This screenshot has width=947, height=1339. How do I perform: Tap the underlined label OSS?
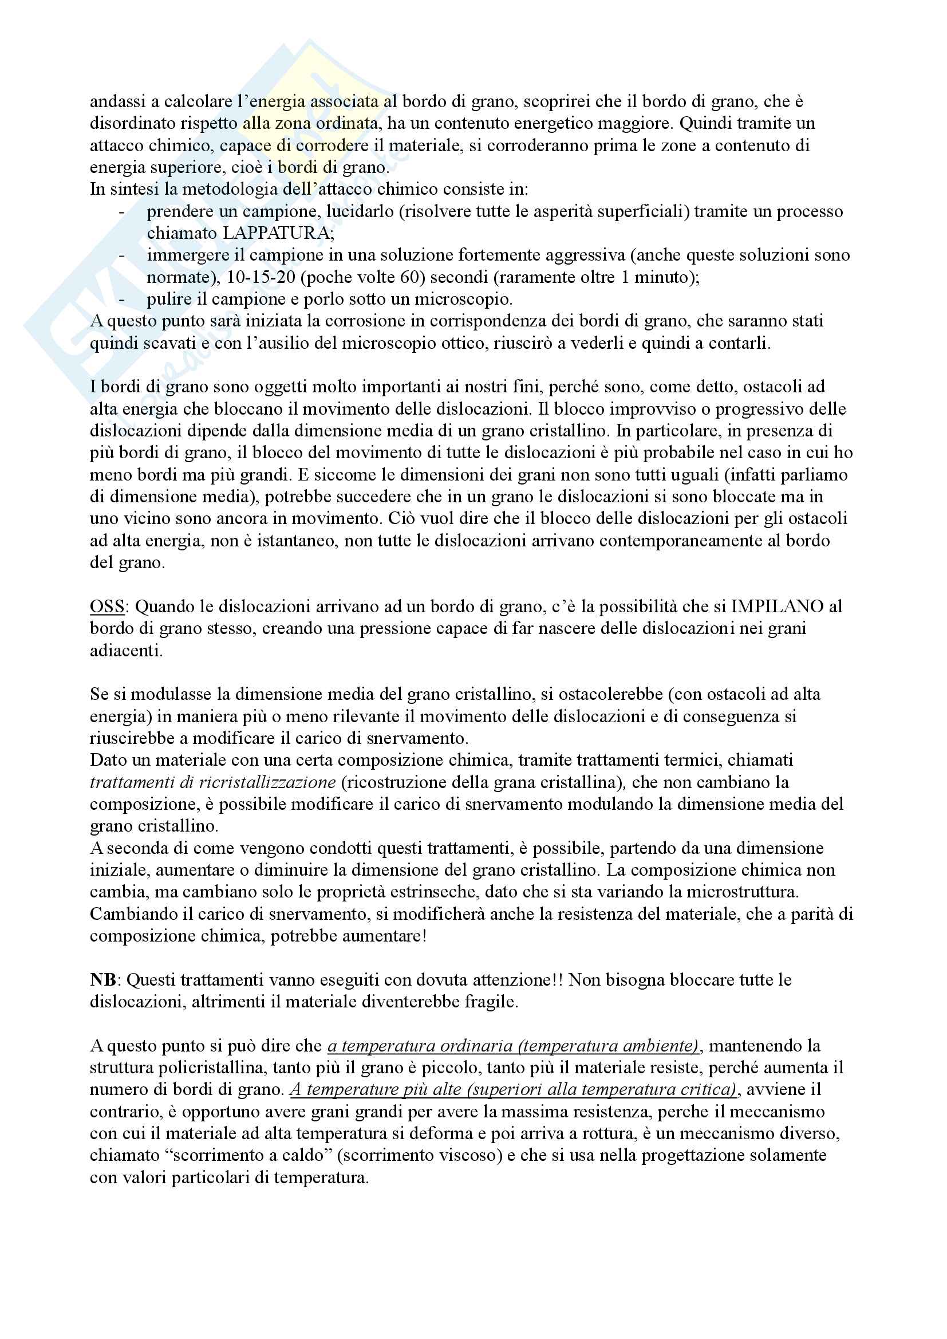point(106,607)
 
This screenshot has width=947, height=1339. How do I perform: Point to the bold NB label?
point(102,980)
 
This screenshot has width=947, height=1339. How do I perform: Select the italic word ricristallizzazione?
point(267,782)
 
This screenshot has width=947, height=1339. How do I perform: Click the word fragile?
point(490,1002)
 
